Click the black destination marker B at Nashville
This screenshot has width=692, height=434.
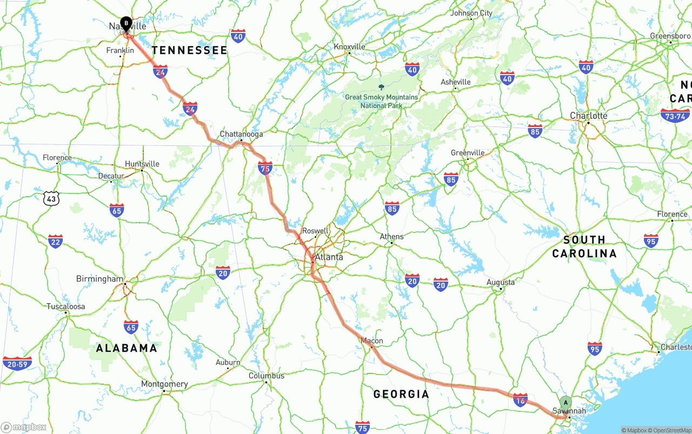coord(126,23)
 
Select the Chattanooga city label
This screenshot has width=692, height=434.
coord(241,134)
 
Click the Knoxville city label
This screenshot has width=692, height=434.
coord(349,46)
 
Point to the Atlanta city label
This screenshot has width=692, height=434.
coord(329,257)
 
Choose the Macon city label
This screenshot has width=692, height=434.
coord(371,340)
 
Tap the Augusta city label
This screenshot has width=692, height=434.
coord(500,282)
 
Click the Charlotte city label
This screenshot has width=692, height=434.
coord(588,116)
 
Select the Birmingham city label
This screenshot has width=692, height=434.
coord(99,279)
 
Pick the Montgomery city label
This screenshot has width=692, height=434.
coord(164,384)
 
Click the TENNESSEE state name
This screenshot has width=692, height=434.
coord(189,50)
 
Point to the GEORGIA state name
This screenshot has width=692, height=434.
coord(401,394)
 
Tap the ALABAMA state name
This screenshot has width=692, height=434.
coord(127,348)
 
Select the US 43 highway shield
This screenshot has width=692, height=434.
coord(51,198)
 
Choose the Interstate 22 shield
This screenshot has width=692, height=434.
coord(55,241)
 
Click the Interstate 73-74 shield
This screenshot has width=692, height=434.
coord(675,115)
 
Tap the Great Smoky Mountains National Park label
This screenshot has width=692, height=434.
coord(382,101)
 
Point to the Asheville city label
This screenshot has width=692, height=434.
coord(455,82)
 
